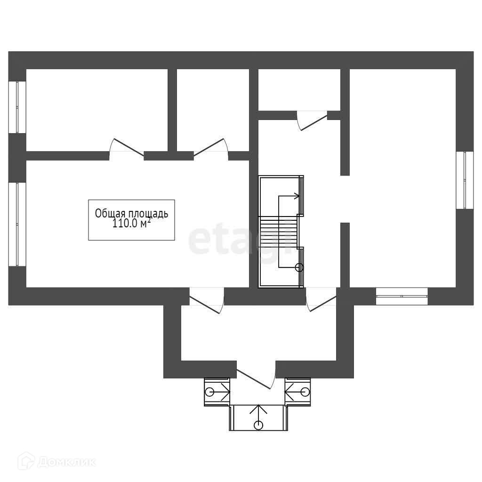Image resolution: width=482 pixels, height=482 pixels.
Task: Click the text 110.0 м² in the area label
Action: [x=132, y=223]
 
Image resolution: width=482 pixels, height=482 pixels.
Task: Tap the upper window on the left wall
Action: [x=17, y=107]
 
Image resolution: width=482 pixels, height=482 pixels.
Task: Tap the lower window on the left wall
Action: [x=17, y=225]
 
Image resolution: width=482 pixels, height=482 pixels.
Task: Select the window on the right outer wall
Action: [x=465, y=180]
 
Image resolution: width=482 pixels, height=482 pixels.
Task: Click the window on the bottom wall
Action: [x=402, y=297]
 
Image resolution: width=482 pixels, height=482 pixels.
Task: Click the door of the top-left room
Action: [x=127, y=147]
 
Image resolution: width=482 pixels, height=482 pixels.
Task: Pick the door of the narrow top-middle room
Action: [x=211, y=148]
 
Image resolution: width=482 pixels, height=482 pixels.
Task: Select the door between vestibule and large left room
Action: [x=207, y=300]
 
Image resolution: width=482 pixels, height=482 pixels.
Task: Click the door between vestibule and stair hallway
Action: [x=321, y=299]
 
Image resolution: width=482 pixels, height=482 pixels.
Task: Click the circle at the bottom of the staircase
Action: [x=299, y=268]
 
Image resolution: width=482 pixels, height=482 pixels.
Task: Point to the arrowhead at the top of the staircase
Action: [x=297, y=196]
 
